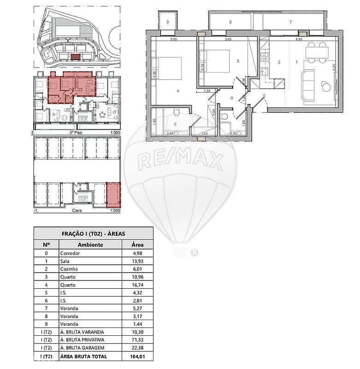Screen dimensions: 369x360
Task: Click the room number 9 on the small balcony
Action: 167,22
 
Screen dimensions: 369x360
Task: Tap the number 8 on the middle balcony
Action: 230,22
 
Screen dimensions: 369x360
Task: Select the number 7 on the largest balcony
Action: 290,22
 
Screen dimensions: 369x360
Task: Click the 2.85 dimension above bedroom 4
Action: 174,40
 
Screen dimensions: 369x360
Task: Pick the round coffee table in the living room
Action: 326,86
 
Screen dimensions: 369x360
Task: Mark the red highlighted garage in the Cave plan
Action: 113,195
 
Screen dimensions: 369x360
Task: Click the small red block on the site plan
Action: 75,57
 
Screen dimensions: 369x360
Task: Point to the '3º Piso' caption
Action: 76,131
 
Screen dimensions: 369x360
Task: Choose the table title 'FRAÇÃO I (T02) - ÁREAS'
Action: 94,234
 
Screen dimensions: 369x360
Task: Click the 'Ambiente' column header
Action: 90,245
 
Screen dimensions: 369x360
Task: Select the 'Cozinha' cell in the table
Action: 69,268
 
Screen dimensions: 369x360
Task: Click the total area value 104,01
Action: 137,357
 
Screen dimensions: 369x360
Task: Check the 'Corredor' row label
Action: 70,253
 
